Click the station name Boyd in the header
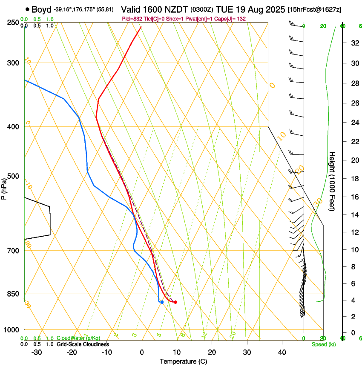click(41, 9)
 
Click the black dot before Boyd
click(28, 9)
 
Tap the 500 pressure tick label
click(13, 176)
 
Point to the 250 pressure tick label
click(13, 23)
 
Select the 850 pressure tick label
click(13, 294)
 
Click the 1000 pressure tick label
click(11, 329)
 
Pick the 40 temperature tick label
click(282, 352)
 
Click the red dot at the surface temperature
click(175, 302)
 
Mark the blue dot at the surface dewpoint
click(162, 302)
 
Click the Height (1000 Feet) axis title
click(332, 181)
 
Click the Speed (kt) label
click(324, 344)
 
